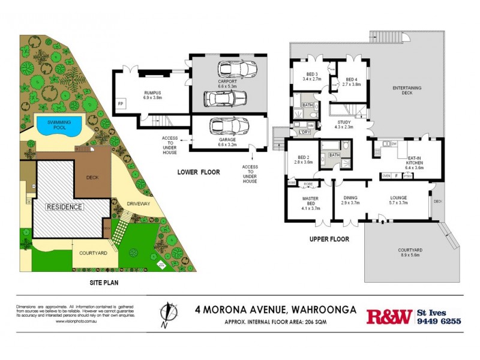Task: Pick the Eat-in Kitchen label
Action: click(415, 162)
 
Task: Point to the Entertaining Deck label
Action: click(407, 91)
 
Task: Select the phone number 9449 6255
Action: click(439, 321)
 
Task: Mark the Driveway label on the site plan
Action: click(137, 204)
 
